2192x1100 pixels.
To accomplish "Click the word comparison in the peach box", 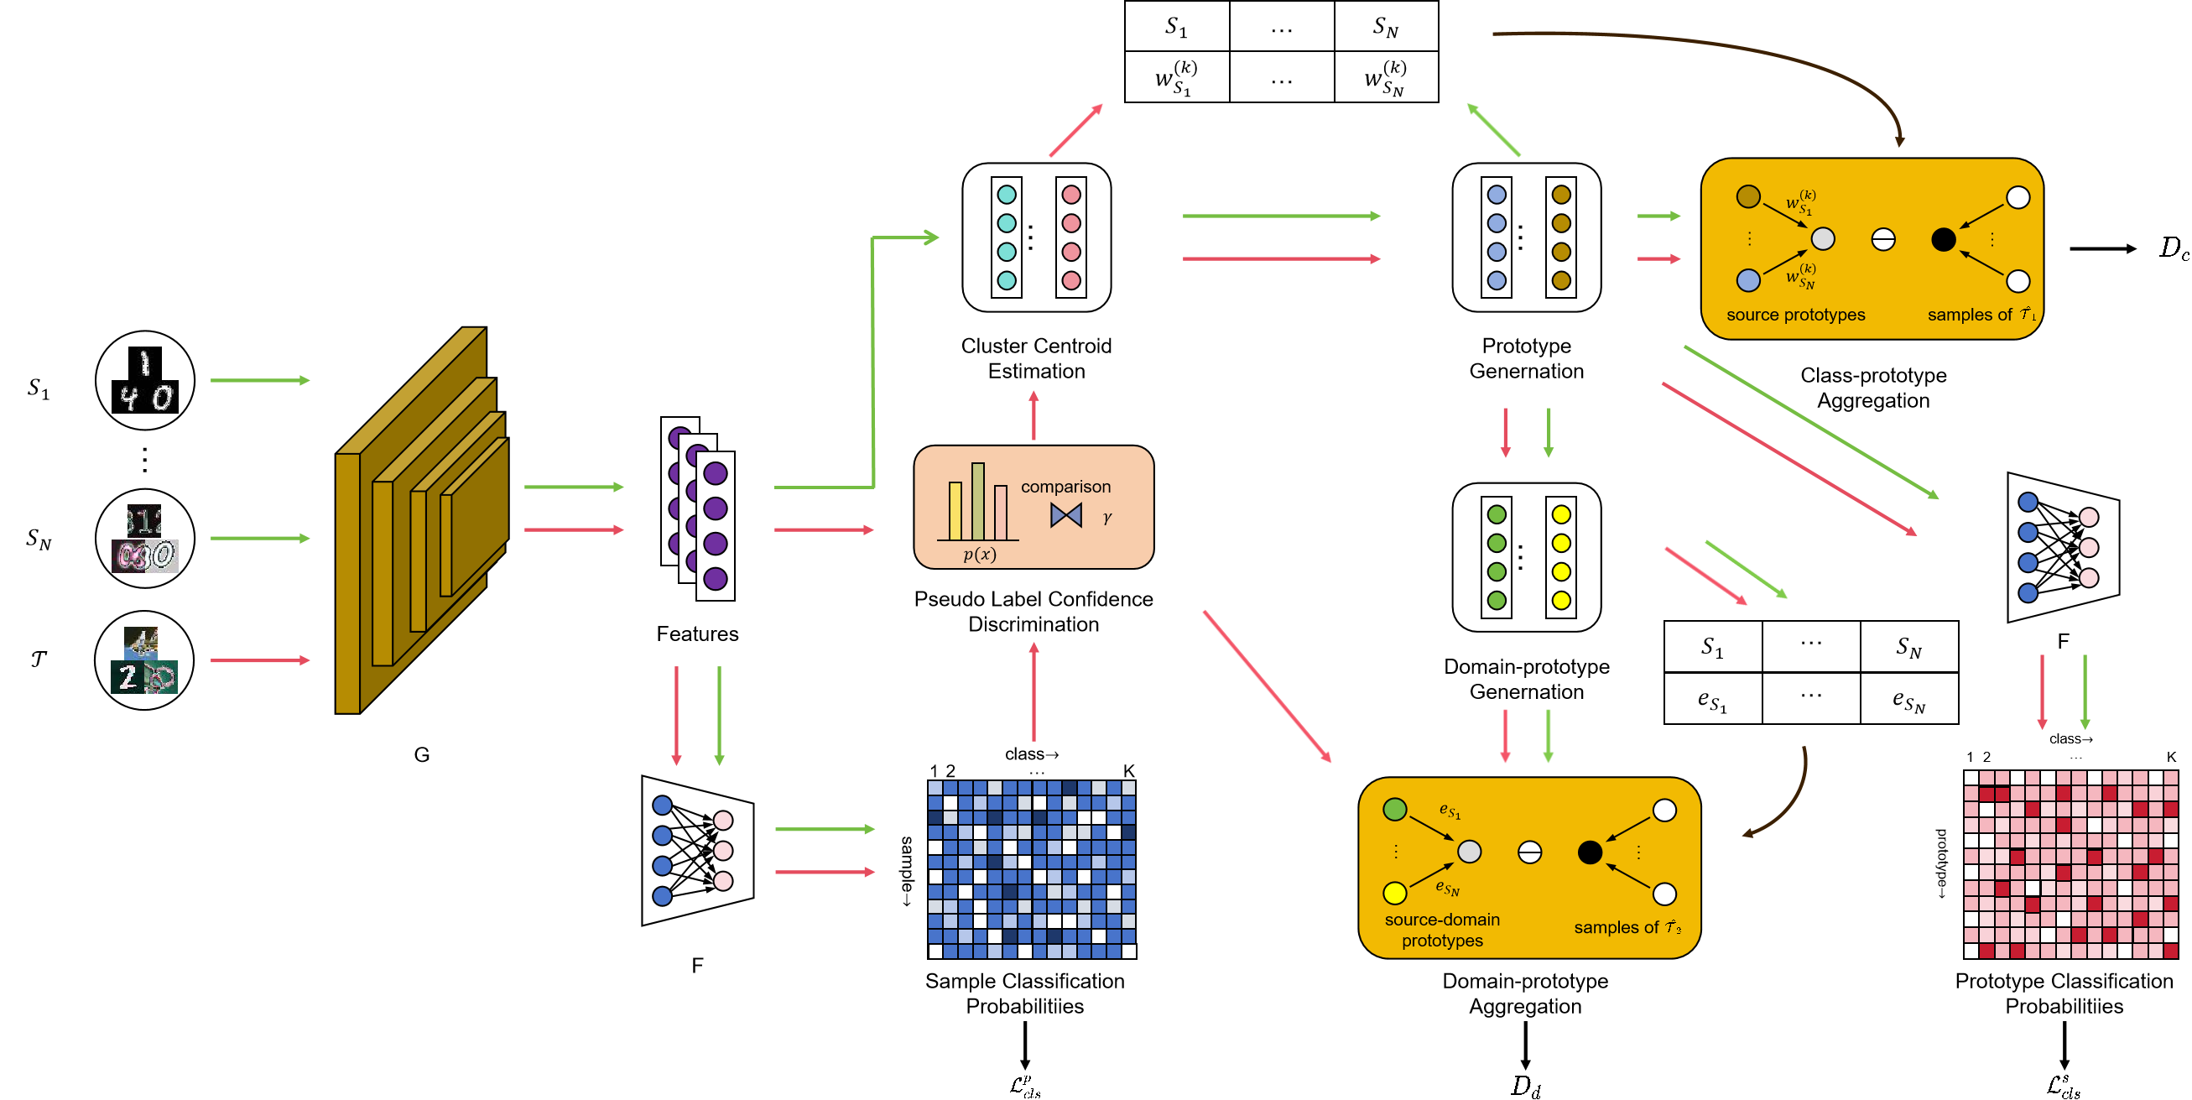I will (x=1065, y=487).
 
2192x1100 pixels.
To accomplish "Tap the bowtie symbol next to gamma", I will (x=1065, y=515).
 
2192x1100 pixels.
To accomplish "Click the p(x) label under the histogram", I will (x=980, y=555).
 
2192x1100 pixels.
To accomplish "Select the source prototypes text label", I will (x=1795, y=315).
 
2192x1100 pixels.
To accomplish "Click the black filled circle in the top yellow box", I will (x=1944, y=240).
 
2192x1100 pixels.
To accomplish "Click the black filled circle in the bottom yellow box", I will (x=1590, y=852).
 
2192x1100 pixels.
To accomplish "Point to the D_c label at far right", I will (x=2174, y=248).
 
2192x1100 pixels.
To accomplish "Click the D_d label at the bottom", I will (x=1525, y=1087).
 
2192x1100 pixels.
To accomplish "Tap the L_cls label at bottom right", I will (x=2064, y=1087).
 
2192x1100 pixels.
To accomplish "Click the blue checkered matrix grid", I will (x=1031, y=869).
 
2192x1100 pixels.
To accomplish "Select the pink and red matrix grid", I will (x=2070, y=864).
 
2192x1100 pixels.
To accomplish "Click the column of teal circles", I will (x=1007, y=237).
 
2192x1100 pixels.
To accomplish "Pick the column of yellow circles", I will (x=1560, y=558).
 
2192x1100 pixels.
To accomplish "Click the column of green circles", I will (x=1496, y=558).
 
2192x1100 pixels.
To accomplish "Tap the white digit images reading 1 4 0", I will (x=145, y=383).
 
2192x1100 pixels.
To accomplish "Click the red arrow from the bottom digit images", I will (x=259, y=660).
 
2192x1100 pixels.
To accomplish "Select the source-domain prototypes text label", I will (x=1442, y=930).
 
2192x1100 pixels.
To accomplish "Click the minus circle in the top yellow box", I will (x=1883, y=240).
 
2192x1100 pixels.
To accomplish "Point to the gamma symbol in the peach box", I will (x=1107, y=518).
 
